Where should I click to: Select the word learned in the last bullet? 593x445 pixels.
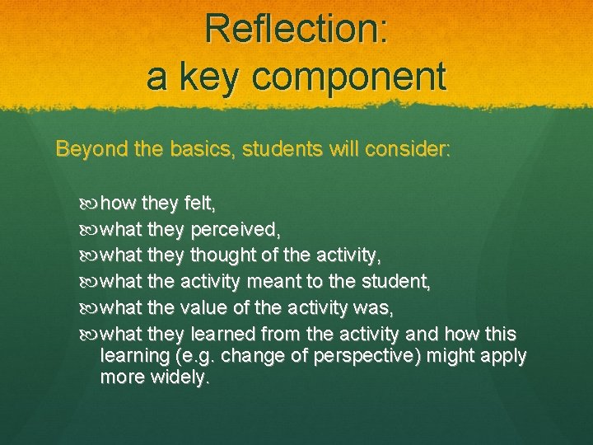point(223,334)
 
